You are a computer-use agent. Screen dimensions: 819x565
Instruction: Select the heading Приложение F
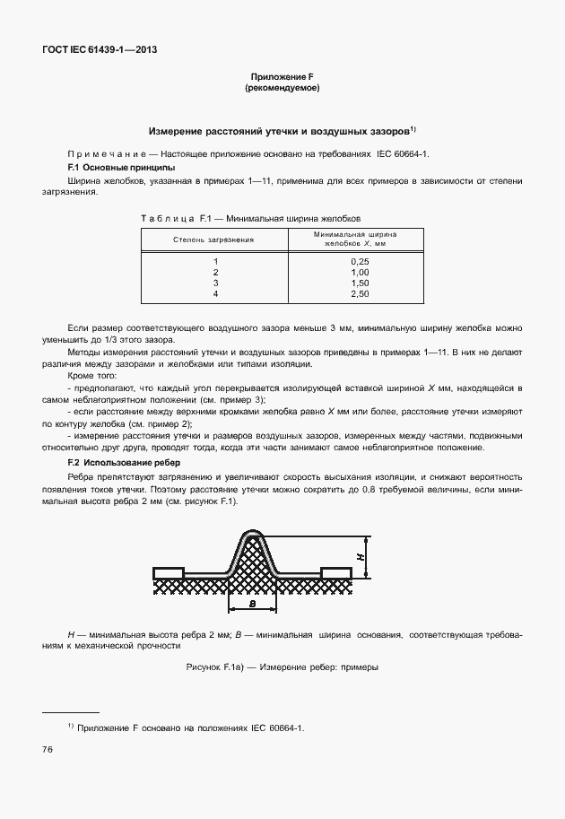coord(282,78)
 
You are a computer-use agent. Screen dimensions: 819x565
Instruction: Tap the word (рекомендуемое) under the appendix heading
coord(282,89)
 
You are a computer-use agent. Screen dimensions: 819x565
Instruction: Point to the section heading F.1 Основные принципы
coord(121,168)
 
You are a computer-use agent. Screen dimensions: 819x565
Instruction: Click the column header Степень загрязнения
coord(213,240)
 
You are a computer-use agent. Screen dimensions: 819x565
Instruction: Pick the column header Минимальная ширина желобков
coord(354,238)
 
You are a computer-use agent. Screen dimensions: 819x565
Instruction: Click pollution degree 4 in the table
coord(215,293)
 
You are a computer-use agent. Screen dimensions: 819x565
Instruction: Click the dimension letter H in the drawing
coord(361,557)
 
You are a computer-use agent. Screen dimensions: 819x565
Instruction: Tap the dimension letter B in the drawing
coord(254,606)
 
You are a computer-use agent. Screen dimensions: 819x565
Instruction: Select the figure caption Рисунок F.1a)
coord(282,667)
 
